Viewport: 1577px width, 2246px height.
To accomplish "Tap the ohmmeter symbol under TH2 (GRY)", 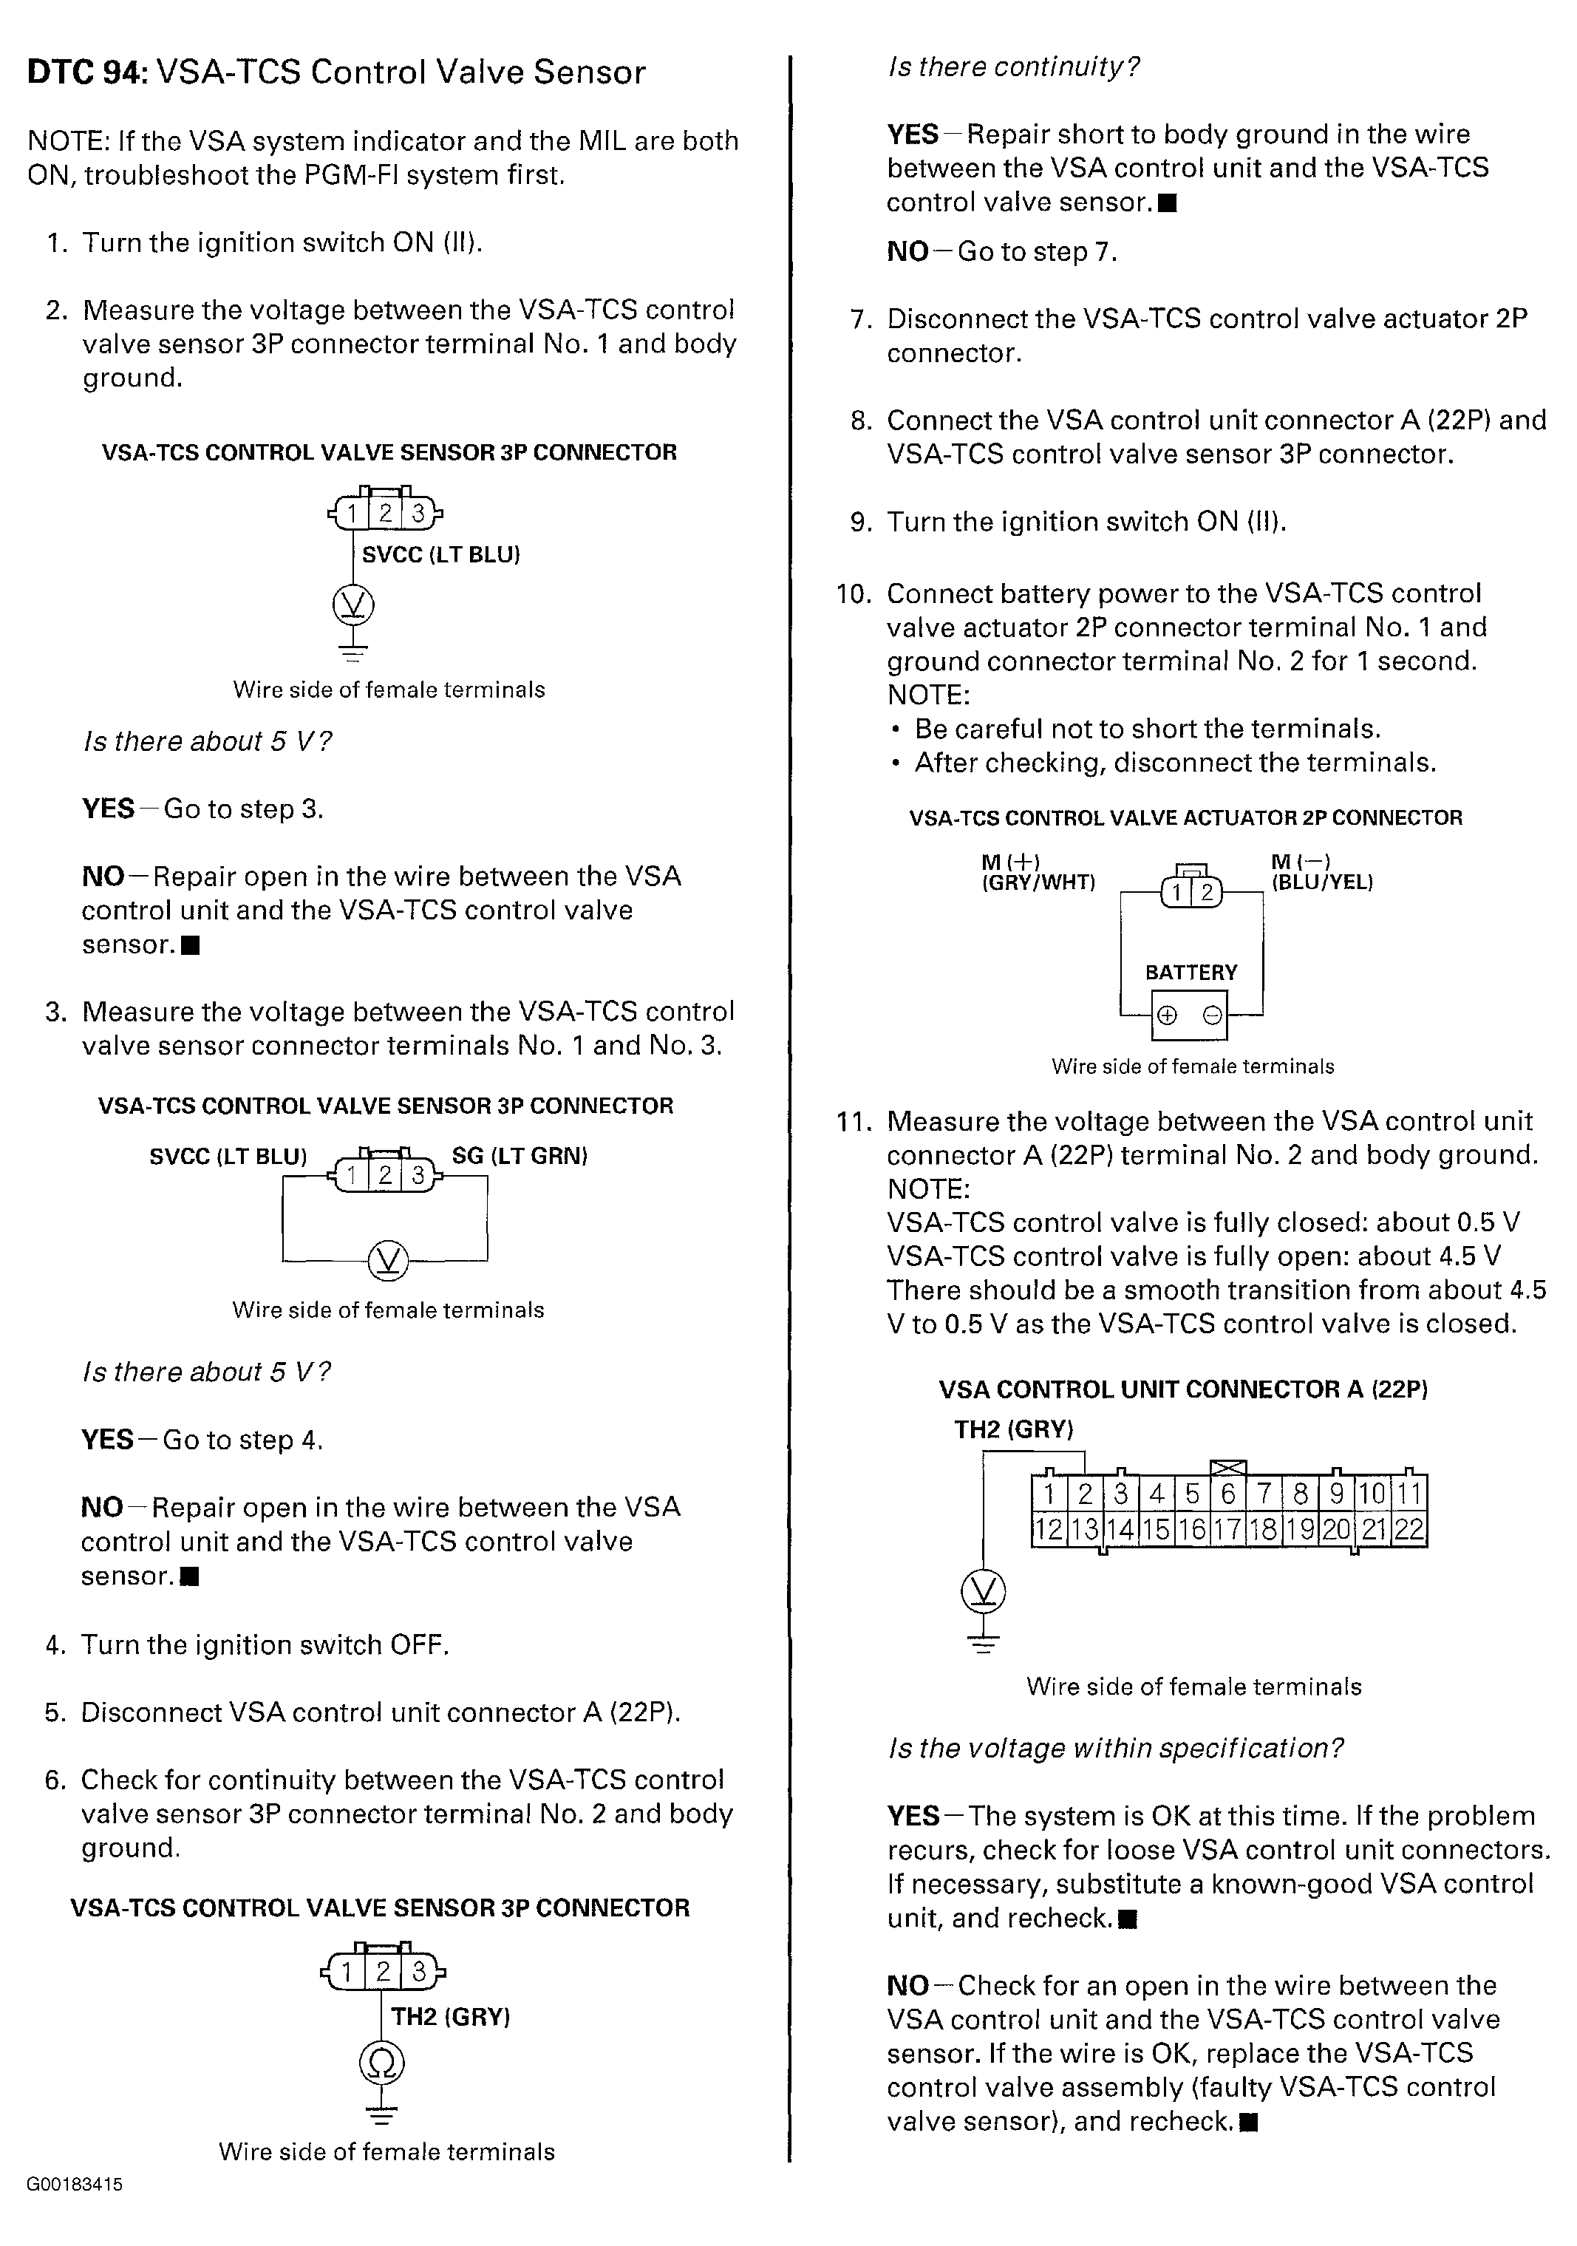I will click(381, 2063).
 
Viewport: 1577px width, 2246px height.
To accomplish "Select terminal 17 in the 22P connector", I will click(1227, 1529).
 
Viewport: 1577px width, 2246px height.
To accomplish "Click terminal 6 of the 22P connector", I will click(1227, 1494).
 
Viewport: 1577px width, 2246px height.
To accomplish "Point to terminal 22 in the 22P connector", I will click(1408, 1529).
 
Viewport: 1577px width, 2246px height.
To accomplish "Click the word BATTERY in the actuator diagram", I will click(1191, 973).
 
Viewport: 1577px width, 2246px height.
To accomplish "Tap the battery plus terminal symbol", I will click(1166, 1015).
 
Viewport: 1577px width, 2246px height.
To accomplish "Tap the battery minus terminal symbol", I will click(1211, 1015).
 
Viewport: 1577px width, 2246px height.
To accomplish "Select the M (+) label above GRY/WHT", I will click(1009, 862).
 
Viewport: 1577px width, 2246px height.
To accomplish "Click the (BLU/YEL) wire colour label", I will click(1321, 882).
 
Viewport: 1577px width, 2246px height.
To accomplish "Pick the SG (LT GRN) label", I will click(519, 1155).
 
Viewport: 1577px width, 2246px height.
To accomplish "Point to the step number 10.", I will click(853, 593).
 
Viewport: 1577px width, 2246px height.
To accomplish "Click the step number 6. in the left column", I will click(55, 1780).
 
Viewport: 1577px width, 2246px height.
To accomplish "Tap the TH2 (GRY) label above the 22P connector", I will click(1013, 1429).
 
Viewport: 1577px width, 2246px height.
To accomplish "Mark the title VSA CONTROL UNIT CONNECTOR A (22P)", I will click(1182, 1389).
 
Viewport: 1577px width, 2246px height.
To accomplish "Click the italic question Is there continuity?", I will click(1012, 67).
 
